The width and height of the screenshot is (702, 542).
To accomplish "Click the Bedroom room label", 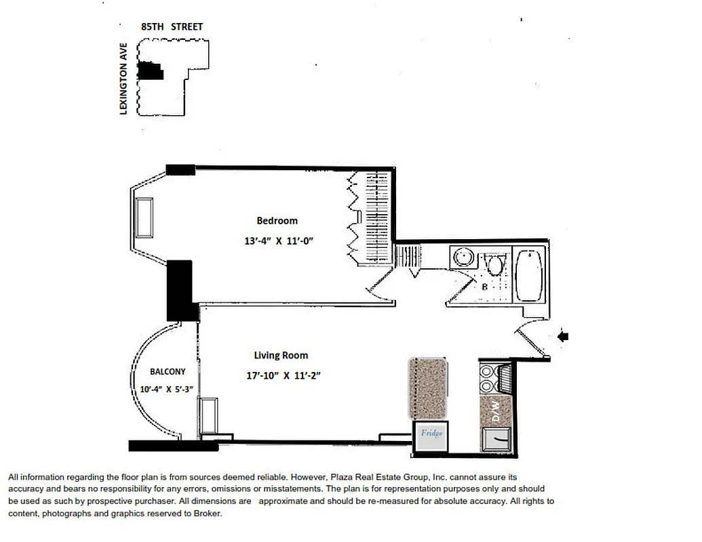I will click(x=277, y=220).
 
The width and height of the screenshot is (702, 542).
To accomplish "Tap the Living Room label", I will click(x=281, y=355).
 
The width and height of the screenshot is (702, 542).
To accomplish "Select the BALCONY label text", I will click(x=167, y=371).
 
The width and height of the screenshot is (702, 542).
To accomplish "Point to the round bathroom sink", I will click(x=463, y=258).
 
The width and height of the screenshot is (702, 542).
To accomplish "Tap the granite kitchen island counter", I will click(x=427, y=389).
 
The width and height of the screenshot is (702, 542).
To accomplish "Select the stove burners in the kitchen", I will click(x=488, y=379).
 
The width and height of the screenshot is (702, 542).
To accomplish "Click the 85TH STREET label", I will click(x=172, y=27).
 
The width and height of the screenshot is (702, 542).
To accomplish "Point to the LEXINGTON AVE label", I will click(x=123, y=79).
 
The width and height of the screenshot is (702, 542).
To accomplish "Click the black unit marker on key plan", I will click(x=151, y=70).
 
